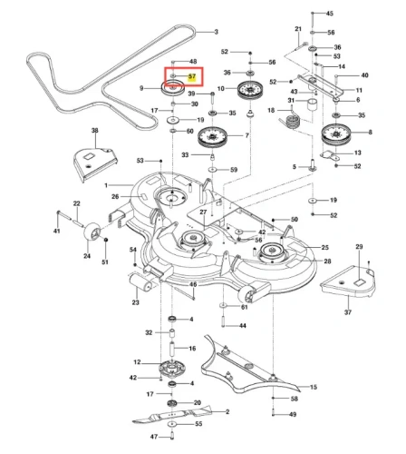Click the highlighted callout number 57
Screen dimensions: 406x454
(192, 76)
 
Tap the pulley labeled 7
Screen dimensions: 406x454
(212, 137)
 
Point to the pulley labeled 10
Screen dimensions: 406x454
(250, 90)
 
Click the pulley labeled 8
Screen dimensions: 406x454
(335, 134)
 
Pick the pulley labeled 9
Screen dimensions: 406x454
(172, 87)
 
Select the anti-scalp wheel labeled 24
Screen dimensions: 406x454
(92, 232)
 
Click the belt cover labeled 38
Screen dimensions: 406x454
(95, 163)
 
